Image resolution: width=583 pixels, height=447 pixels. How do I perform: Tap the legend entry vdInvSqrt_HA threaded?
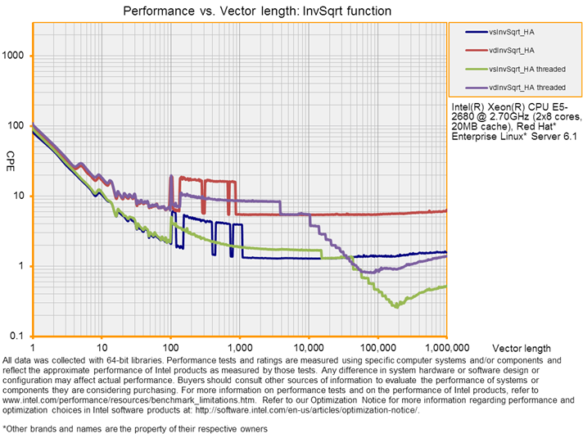pyautogui.click(x=525, y=87)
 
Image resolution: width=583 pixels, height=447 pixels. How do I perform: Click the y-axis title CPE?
pyautogui.click(x=11, y=156)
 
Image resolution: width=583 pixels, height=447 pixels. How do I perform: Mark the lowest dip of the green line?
pyautogui.click(x=397, y=307)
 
